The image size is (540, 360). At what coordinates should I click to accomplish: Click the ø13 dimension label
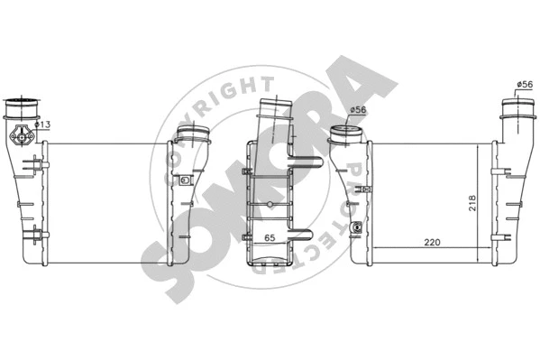point(41,124)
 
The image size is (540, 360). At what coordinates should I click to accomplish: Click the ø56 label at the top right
point(525,85)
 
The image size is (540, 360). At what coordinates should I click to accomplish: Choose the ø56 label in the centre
point(358,110)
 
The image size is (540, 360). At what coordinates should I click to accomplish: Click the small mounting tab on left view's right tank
point(185,180)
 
